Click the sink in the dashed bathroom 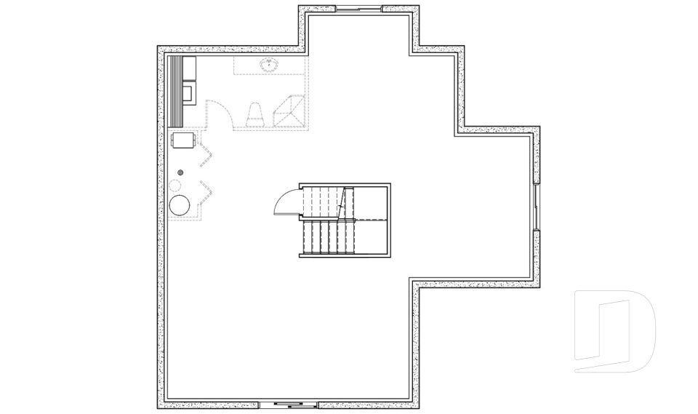tap(270, 65)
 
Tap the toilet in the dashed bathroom tap(254, 115)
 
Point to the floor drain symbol tap(181, 172)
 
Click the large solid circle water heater tap(180, 204)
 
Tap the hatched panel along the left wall tap(174, 91)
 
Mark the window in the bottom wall tap(289, 404)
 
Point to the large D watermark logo tap(614, 331)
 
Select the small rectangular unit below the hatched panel tap(182, 139)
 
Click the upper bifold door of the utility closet tap(206, 151)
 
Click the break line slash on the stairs tap(341, 202)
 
